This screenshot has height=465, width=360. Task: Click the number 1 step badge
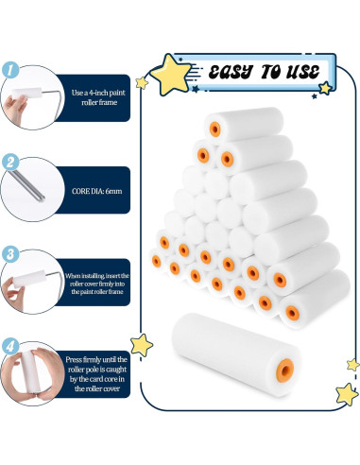pos(10,69)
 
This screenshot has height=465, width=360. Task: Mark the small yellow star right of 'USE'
pos(325,88)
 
